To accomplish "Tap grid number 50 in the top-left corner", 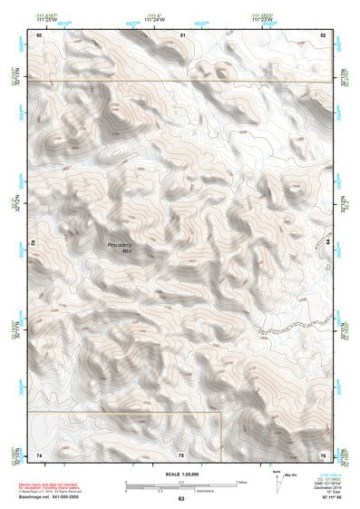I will click(x=39, y=34).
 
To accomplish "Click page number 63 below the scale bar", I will click(x=181, y=498).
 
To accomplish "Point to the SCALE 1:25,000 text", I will click(x=180, y=472).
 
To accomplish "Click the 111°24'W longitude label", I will click(x=155, y=18).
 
